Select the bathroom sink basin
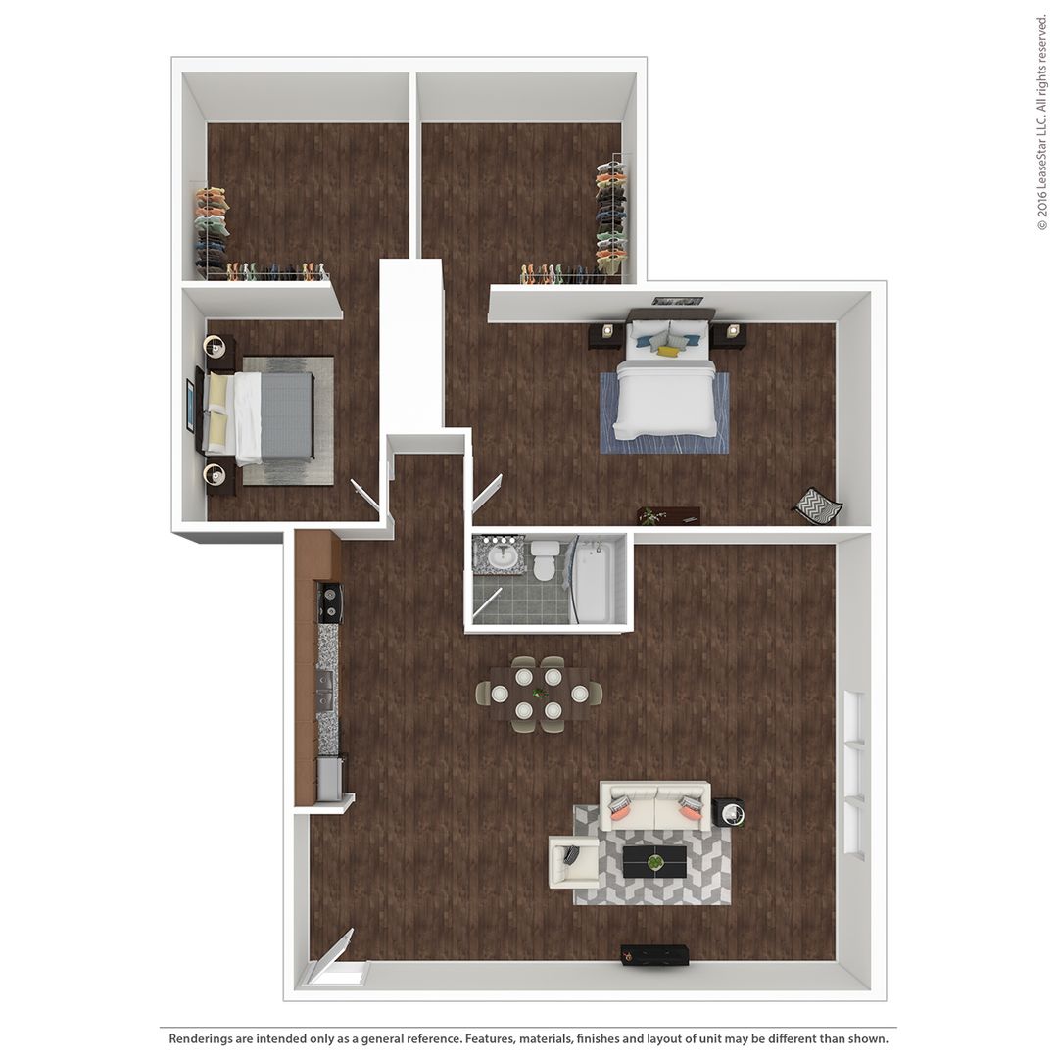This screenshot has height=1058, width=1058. pyautogui.click(x=505, y=556)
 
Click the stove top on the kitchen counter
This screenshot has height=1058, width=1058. pyautogui.click(x=330, y=601)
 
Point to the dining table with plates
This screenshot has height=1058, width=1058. pyautogui.click(x=539, y=693)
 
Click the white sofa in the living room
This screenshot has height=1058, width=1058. pyautogui.click(x=654, y=805)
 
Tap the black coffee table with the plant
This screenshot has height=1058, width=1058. pyautogui.click(x=654, y=862)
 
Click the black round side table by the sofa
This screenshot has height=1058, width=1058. pyautogui.click(x=729, y=812)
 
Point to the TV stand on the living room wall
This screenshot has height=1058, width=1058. pyautogui.click(x=654, y=952)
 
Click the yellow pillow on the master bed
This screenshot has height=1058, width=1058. pyautogui.click(x=667, y=350)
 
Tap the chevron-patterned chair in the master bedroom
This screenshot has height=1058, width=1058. pyautogui.click(x=817, y=505)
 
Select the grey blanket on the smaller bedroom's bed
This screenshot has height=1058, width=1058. pyautogui.click(x=286, y=415)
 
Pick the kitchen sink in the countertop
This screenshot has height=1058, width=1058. pyautogui.click(x=325, y=690)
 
